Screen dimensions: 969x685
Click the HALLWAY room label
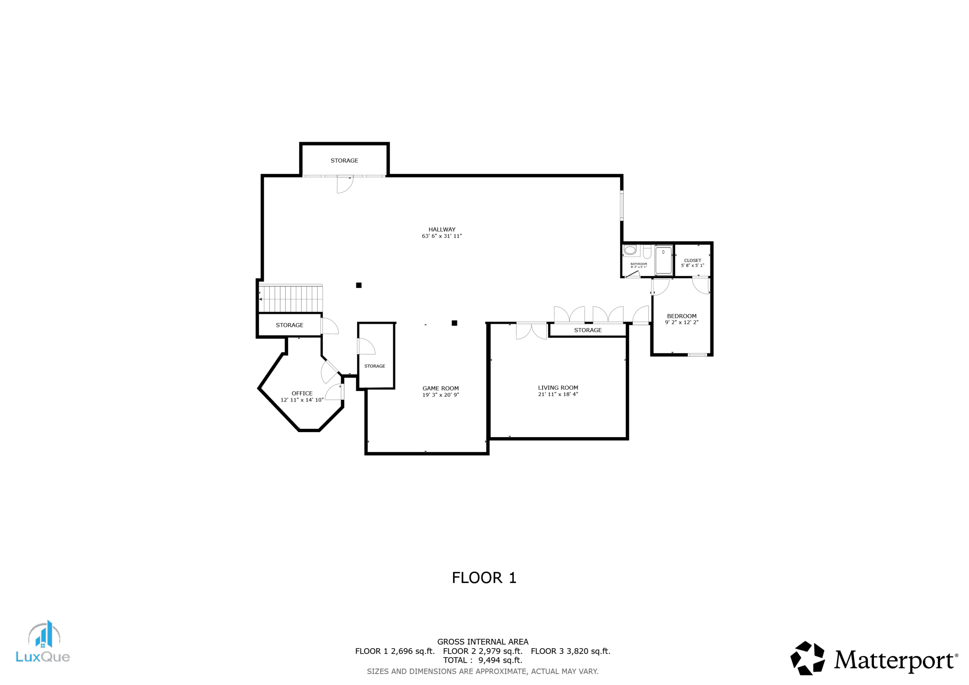[x=442, y=230]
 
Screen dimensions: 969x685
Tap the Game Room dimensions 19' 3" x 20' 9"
[x=441, y=395]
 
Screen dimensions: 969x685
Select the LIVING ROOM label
[x=558, y=388]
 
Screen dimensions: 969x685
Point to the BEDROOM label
[x=682, y=316]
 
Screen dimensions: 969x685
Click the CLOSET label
[x=693, y=260]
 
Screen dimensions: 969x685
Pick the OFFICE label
[x=302, y=393]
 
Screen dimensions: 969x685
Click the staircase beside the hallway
[x=290, y=299]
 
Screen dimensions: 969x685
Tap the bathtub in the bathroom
[x=664, y=260]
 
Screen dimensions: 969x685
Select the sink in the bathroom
[x=630, y=250]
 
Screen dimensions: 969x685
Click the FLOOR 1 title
[x=484, y=578]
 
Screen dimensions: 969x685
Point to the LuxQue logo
[x=43, y=641]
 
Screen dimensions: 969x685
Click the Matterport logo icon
[x=807, y=658]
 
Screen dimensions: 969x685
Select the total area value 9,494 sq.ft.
[x=500, y=660]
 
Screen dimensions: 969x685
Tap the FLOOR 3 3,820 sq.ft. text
[x=570, y=651]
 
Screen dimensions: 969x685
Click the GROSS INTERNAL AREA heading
[x=483, y=641]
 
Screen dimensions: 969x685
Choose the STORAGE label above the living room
[x=588, y=330]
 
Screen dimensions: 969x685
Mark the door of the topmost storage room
[x=345, y=184]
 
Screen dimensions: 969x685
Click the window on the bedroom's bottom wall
[x=697, y=355]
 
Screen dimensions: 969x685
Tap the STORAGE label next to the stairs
[x=290, y=325]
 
